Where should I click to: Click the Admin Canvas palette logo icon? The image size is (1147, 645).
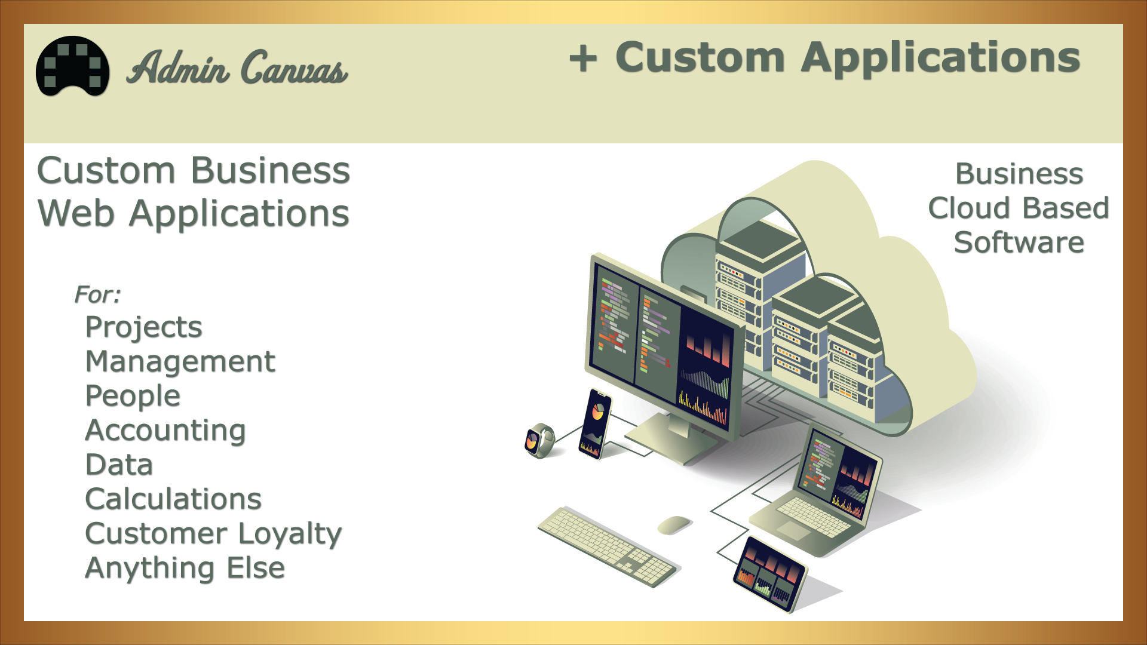tap(72, 66)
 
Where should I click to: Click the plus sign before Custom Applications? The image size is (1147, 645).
tap(583, 59)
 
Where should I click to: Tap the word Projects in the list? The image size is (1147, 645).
tap(144, 327)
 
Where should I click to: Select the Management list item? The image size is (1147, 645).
tap(180, 362)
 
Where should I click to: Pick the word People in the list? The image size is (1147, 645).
tap(133, 396)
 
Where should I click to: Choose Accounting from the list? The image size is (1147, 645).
tap(165, 431)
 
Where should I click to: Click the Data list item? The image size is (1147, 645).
tap(119, 465)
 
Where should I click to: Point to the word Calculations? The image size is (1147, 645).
tap(173, 499)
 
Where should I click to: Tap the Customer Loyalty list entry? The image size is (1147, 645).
tap(213, 534)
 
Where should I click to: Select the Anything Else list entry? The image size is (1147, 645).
tap(185, 568)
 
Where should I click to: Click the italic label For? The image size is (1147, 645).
tap(97, 294)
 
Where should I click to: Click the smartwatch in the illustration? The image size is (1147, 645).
tap(539, 441)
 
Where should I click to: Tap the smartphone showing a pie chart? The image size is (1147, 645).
tap(595, 424)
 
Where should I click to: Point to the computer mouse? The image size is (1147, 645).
tap(674, 525)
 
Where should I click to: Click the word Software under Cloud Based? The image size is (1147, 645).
tap(1019, 242)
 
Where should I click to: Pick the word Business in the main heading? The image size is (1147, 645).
tap(271, 171)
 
